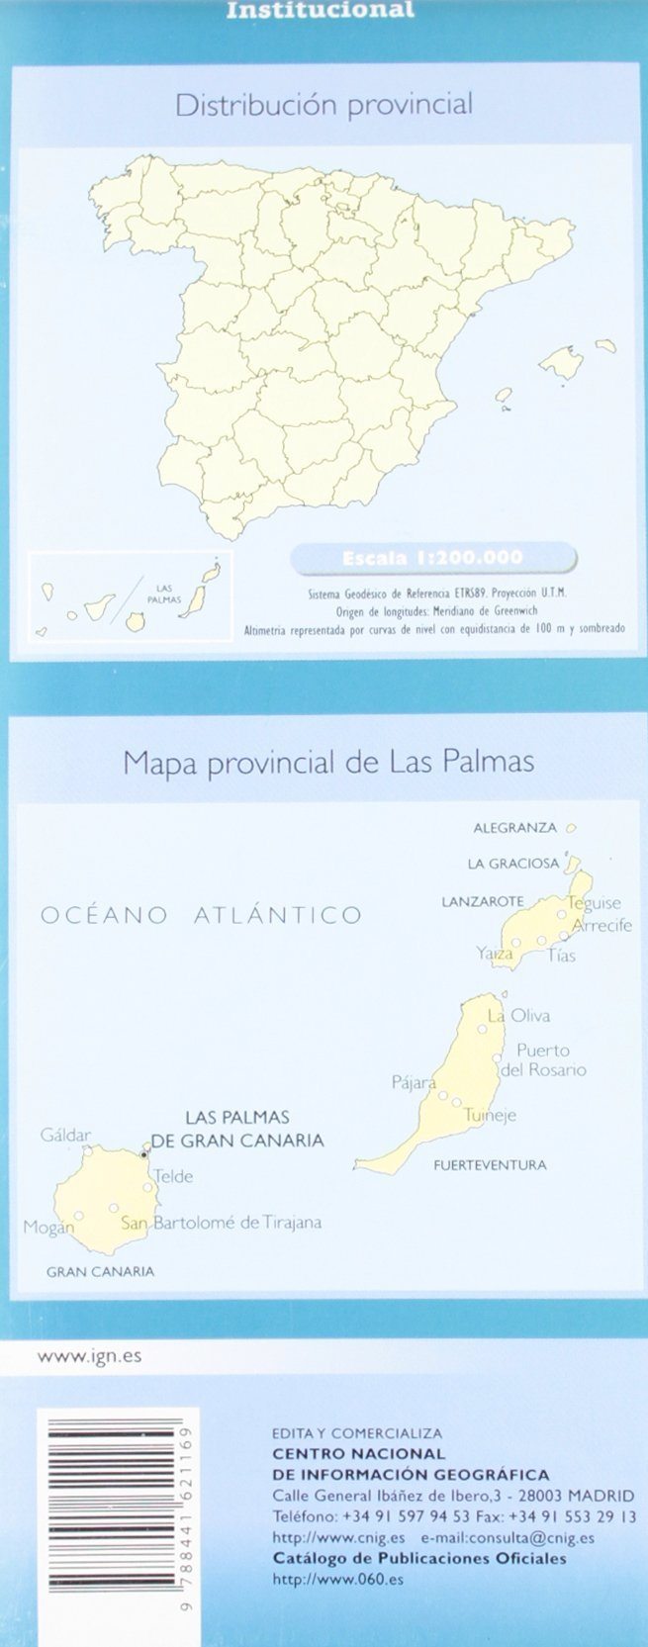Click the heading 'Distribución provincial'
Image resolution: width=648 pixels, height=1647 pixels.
click(x=324, y=105)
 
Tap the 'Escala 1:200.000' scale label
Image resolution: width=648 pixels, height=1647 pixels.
click(x=432, y=558)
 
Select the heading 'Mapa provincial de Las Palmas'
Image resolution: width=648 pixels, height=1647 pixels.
click(x=327, y=762)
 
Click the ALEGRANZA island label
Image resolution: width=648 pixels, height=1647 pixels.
click(x=514, y=828)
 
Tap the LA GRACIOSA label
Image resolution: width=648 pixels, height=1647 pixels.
click(x=513, y=864)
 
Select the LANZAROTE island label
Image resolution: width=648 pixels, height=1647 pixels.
click(x=482, y=902)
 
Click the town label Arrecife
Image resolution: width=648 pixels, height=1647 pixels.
click(x=602, y=926)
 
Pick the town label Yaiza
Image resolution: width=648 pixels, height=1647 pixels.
click(x=494, y=954)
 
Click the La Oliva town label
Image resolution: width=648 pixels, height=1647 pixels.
click(x=518, y=1016)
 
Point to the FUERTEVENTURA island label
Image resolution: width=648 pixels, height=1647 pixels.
click(x=490, y=1165)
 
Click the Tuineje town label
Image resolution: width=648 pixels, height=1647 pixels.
click(x=490, y=1115)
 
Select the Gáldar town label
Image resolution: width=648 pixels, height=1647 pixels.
click(x=65, y=1136)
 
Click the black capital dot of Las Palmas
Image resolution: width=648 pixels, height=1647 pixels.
click(x=143, y=1154)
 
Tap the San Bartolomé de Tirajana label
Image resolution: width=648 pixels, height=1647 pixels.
click(x=221, y=1223)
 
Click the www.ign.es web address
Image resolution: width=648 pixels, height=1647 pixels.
click(x=89, y=1356)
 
